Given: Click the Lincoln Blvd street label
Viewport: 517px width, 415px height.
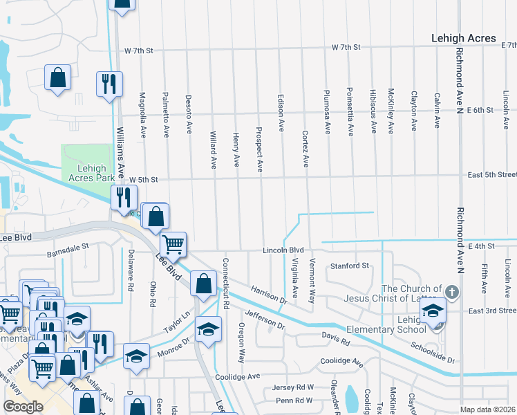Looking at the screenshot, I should point(283,250).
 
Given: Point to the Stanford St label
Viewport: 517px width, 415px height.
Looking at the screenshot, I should point(350,266).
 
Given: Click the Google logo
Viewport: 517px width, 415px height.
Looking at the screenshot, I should point(23,407).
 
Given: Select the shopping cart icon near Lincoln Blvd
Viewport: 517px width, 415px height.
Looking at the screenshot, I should point(173,243).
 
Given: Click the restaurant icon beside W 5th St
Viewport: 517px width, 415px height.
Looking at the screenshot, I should point(123,196).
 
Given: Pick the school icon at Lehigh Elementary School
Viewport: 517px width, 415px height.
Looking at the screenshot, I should point(433,312).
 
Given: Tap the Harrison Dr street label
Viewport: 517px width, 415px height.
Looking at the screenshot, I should point(268,297).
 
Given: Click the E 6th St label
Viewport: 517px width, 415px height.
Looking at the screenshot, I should point(480,110).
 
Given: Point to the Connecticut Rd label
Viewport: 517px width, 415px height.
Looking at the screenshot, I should point(225,284).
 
